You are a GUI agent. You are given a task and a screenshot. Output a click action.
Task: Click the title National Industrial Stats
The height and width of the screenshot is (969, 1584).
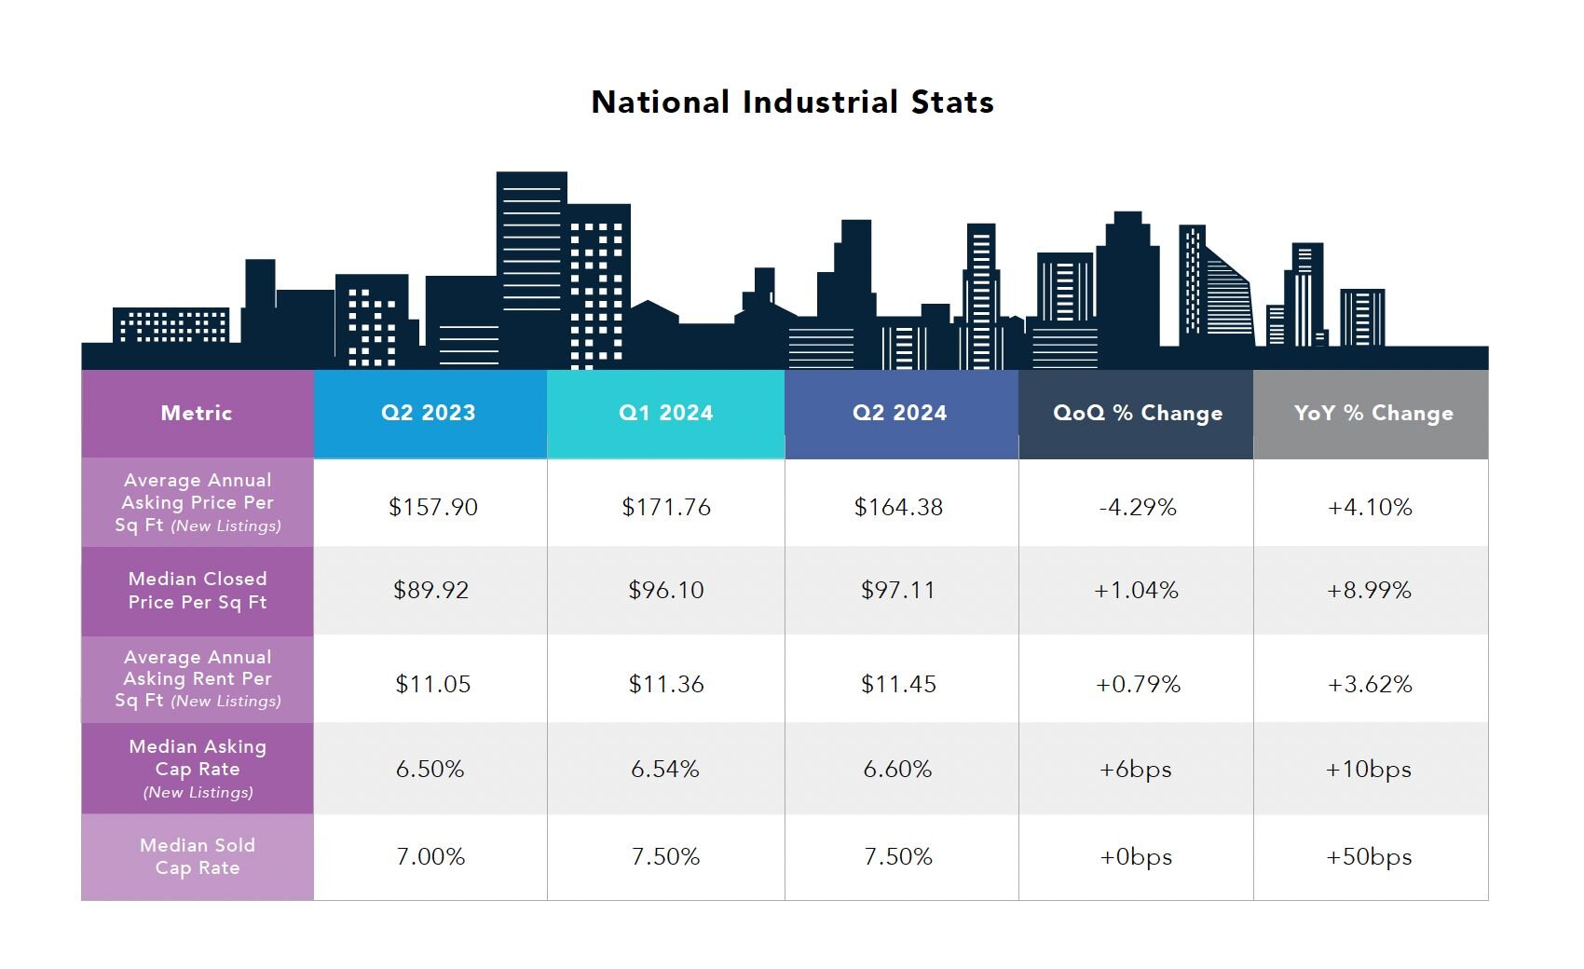pos(792,102)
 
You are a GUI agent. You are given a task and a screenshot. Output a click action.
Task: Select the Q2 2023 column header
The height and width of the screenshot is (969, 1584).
pos(429,413)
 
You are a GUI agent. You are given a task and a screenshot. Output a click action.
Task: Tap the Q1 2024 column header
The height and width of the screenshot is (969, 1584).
pos(665,413)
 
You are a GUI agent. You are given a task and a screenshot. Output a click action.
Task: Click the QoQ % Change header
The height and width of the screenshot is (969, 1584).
pos(1137,413)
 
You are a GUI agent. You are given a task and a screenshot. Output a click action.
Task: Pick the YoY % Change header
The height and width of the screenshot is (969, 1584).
pos(1372,413)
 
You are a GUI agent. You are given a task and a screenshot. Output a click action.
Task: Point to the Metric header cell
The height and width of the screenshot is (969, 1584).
pos(197,413)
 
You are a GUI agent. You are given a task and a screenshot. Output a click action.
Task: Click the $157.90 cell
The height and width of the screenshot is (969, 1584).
pos(432,507)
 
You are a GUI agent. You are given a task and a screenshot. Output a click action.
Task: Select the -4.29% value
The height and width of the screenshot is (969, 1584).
pos(1137,507)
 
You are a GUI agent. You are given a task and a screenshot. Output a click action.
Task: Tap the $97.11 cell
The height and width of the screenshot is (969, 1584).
pos(898,590)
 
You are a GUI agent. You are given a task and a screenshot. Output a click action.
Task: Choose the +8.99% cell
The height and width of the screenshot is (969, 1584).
pos(1369,590)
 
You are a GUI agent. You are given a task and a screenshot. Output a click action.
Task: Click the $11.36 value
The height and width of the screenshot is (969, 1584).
pos(665,684)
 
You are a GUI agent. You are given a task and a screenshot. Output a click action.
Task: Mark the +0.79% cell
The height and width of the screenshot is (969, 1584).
pos(1138,684)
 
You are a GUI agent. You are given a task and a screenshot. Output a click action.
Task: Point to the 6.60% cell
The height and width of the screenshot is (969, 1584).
pos(897,769)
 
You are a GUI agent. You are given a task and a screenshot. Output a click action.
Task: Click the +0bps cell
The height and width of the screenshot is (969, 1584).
pos(1136,856)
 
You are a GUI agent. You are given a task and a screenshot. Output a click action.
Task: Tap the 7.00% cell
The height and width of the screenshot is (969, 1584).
pos(430,856)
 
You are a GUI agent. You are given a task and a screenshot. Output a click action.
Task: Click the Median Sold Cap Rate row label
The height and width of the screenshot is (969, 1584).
pos(198,856)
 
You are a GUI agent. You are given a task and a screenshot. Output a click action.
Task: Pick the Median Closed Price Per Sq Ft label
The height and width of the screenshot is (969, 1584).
pos(198,590)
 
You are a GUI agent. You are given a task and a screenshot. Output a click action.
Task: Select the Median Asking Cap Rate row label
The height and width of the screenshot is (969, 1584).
pos(198,769)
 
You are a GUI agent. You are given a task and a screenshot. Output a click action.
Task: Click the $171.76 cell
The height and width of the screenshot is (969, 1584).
pos(665,507)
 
